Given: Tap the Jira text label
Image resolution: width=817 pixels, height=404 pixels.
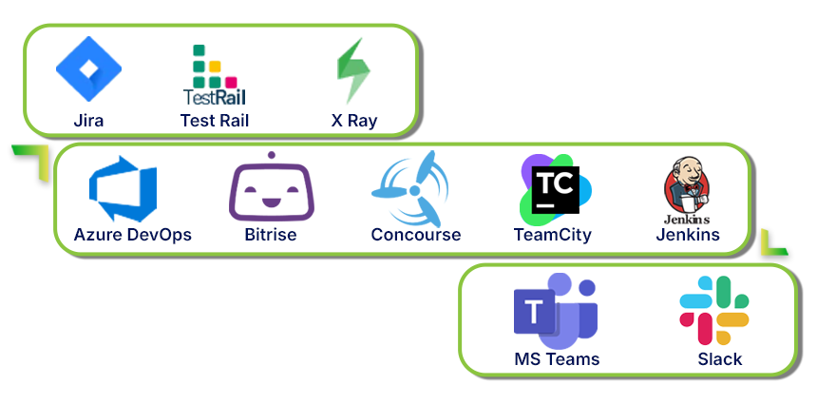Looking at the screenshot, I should (x=88, y=121).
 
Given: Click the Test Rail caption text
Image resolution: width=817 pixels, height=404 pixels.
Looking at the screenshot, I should (x=215, y=121).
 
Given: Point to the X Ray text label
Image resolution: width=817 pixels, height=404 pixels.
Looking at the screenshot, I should (x=353, y=121).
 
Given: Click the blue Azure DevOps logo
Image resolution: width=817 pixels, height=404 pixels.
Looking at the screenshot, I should (x=123, y=193).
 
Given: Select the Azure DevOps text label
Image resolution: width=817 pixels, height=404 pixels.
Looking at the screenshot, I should (x=132, y=235).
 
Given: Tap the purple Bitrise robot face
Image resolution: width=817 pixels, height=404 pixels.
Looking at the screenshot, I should (x=272, y=188).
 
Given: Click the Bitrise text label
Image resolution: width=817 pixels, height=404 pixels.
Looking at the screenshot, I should (x=271, y=235).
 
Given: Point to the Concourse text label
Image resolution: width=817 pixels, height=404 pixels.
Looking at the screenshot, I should (x=415, y=235).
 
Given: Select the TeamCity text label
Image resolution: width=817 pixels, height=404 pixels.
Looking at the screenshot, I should (x=552, y=235).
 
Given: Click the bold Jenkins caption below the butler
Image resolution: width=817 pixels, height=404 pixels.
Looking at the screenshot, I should (x=687, y=235).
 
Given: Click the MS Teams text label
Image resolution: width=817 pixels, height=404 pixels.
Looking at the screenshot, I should (x=557, y=359).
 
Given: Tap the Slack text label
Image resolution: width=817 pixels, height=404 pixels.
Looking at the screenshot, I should (x=719, y=359).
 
